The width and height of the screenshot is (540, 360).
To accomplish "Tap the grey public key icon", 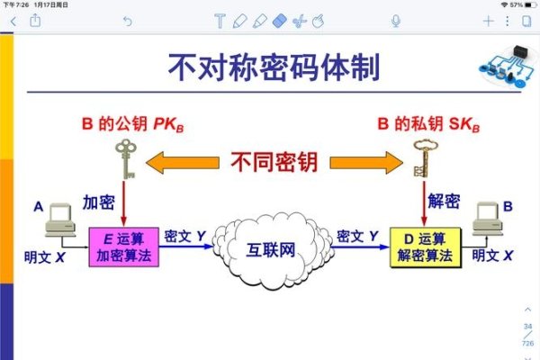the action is coord(123,158).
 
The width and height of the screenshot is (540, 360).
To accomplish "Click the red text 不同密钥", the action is coord(274,162).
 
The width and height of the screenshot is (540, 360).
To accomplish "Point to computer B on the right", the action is coord(490,221).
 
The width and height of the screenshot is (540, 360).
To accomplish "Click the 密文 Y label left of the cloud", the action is coord(185,236).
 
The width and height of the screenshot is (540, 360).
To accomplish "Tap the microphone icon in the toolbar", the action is coord(396,21).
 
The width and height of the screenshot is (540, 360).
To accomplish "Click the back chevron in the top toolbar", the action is coord(12,21).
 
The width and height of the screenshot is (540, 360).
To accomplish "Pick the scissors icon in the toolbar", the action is coord(299,21).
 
